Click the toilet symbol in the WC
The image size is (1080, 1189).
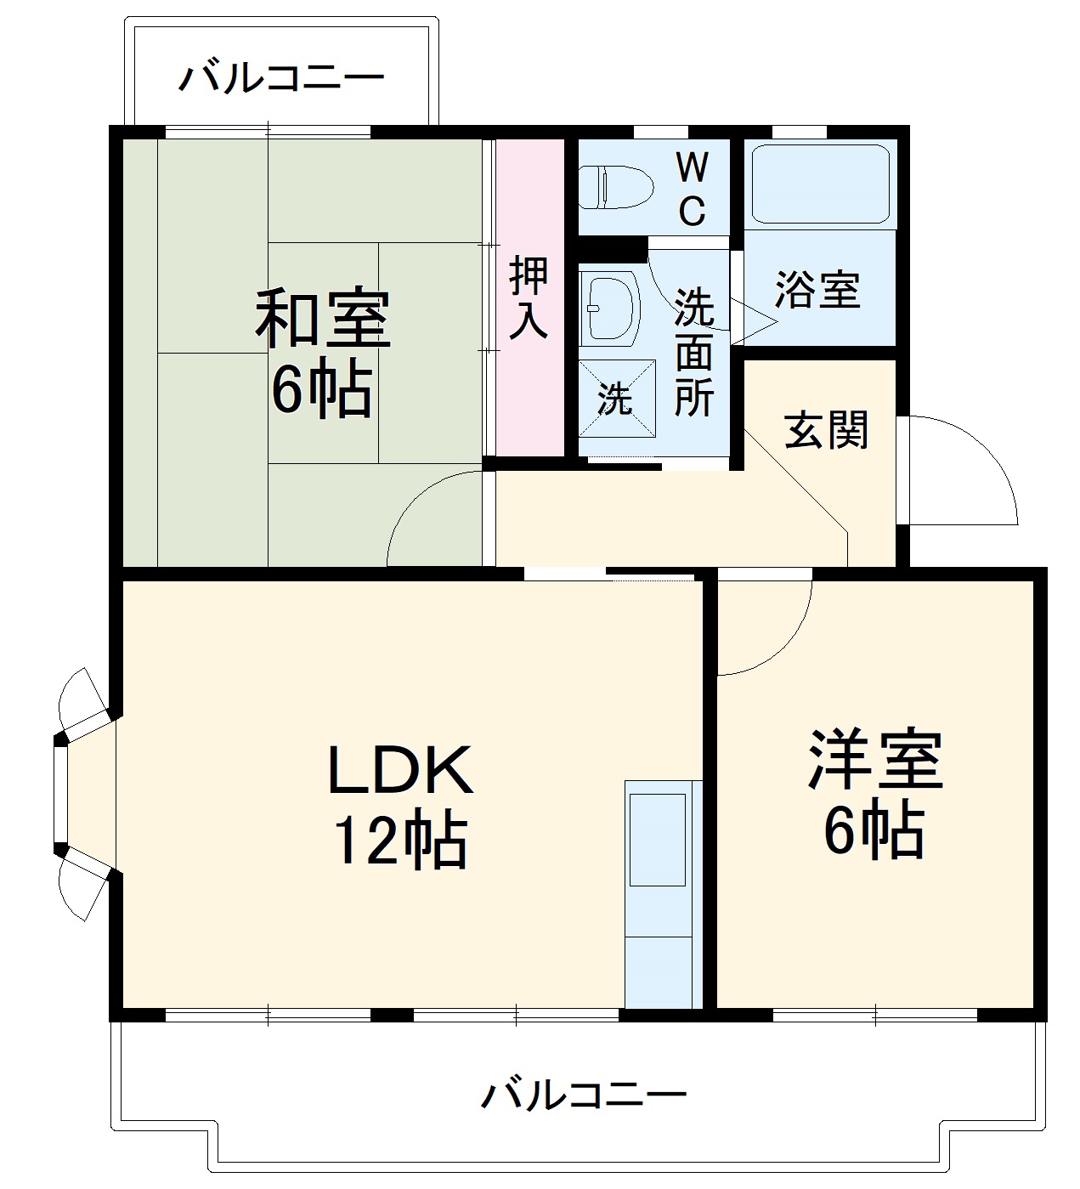(x=615, y=187)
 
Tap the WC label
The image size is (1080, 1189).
(x=693, y=189)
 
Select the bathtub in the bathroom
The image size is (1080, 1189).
(x=820, y=185)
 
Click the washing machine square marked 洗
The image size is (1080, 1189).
(x=617, y=397)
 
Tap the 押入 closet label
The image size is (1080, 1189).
(x=529, y=297)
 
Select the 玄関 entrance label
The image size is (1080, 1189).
(x=826, y=429)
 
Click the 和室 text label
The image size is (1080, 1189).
(x=324, y=319)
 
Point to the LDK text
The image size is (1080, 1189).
(x=399, y=769)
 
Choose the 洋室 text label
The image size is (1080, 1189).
(x=874, y=759)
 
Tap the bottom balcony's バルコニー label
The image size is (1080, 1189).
(x=584, y=1095)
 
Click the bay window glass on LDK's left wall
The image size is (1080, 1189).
(x=60, y=795)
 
